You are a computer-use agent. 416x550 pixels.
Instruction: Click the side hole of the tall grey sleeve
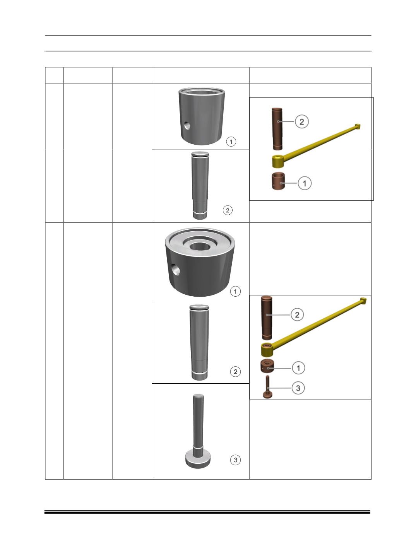[187, 126]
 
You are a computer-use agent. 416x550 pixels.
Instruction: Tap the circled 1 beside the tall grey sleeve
[231, 142]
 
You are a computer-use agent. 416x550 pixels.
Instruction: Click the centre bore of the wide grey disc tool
[200, 246]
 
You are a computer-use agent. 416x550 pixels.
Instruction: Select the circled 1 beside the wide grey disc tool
[235, 291]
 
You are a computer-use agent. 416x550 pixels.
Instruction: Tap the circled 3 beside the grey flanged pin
[235, 460]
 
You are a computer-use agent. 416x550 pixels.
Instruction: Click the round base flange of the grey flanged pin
[198, 459]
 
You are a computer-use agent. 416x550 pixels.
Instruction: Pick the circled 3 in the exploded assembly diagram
[298, 388]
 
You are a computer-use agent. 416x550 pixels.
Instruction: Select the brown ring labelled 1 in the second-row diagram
[267, 366]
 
